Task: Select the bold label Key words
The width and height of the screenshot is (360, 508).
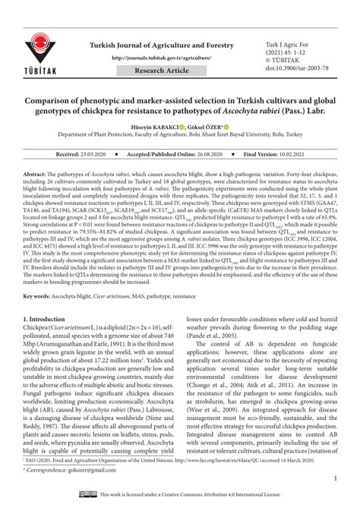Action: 39,317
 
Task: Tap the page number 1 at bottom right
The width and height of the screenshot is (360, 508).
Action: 334,478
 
